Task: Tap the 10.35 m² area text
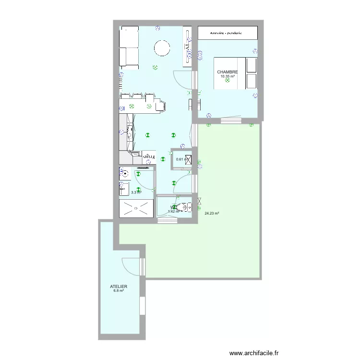(228, 76)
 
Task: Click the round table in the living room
(161, 48)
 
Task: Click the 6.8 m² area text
(118, 291)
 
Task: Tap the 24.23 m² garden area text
(212, 214)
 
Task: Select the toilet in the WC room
(183, 207)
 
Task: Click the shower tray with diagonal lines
(136, 208)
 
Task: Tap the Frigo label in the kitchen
(149, 156)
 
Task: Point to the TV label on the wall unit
(187, 48)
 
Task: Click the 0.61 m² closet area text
(181, 159)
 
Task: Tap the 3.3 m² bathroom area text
(136, 192)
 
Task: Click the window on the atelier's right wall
(142, 306)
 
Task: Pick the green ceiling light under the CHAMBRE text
(228, 81)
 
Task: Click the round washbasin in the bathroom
(125, 175)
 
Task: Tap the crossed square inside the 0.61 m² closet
(188, 159)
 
